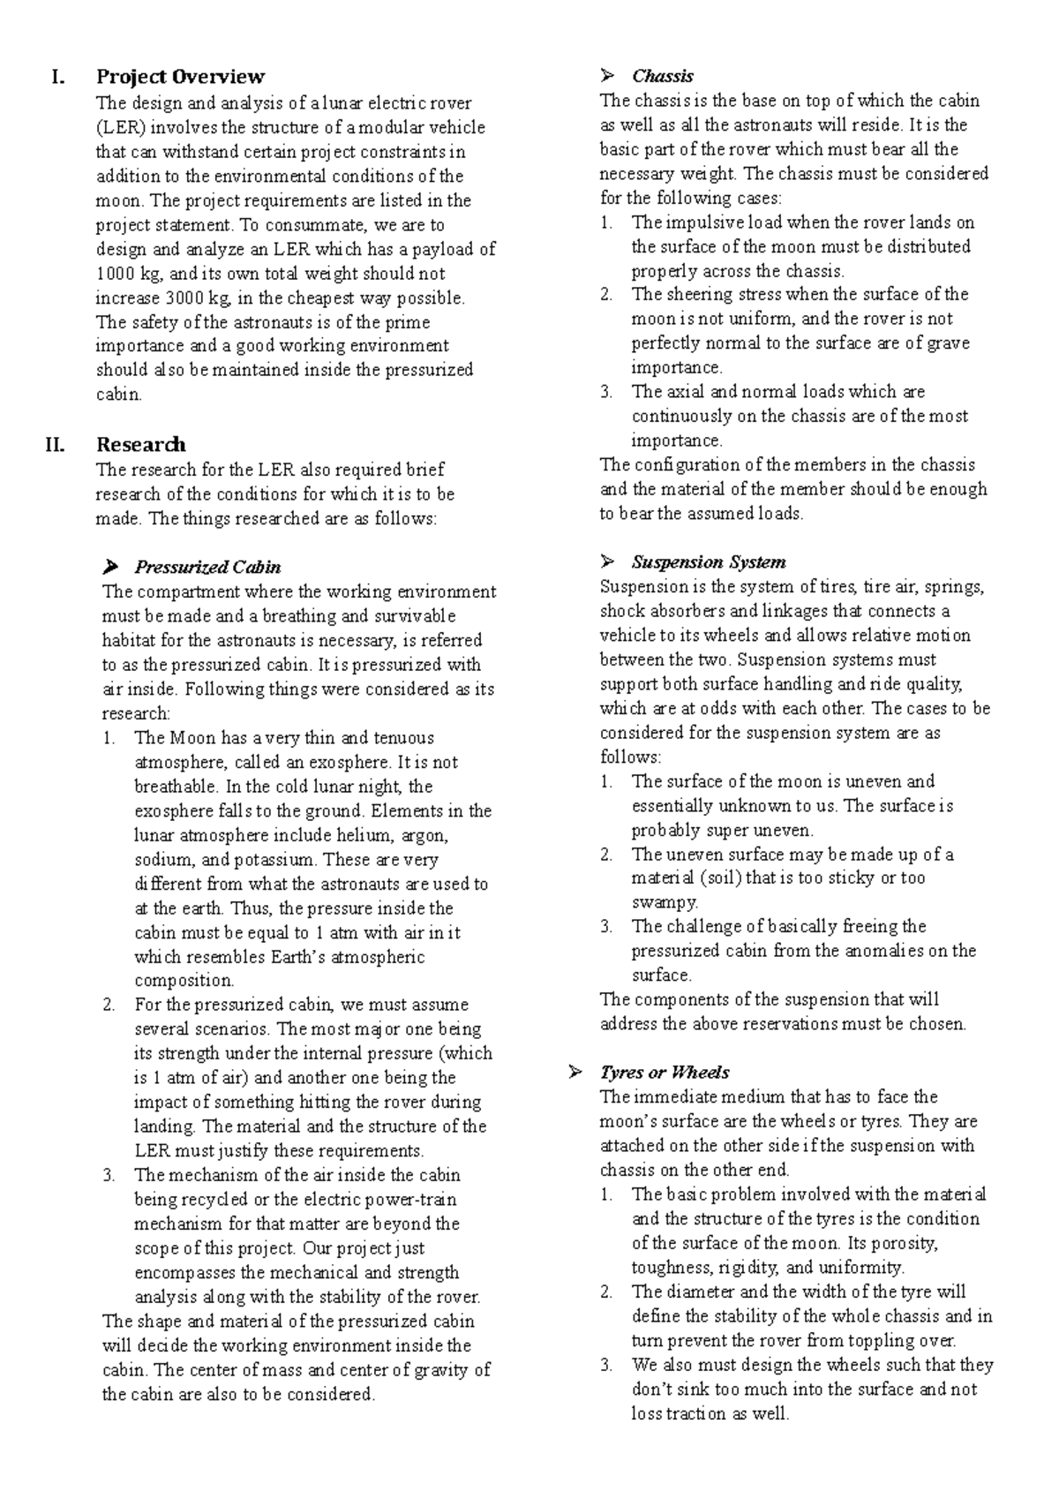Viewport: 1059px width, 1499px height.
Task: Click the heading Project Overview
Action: [180, 77]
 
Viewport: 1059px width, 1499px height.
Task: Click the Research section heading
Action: [140, 444]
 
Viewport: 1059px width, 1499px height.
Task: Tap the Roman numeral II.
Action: [55, 444]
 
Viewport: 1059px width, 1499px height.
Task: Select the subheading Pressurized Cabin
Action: [207, 567]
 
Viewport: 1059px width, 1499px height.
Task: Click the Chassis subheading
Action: [663, 76]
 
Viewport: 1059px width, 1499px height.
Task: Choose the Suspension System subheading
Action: [709, 562]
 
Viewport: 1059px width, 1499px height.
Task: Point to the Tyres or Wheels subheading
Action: [665, 1073]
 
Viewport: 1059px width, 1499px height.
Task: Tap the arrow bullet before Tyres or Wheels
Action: [575, 1073]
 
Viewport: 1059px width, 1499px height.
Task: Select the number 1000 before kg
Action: [113, 274]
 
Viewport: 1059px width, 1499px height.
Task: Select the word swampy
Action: [665, 902]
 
